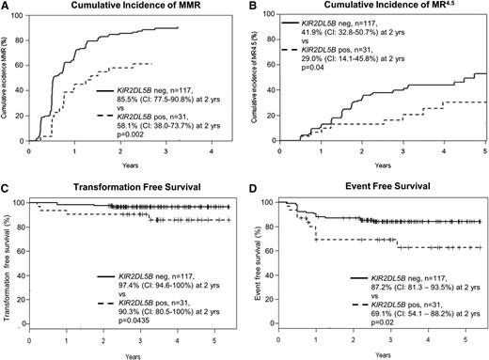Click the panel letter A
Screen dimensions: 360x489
click(7, 7)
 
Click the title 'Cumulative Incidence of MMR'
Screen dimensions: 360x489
click(130, 8)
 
